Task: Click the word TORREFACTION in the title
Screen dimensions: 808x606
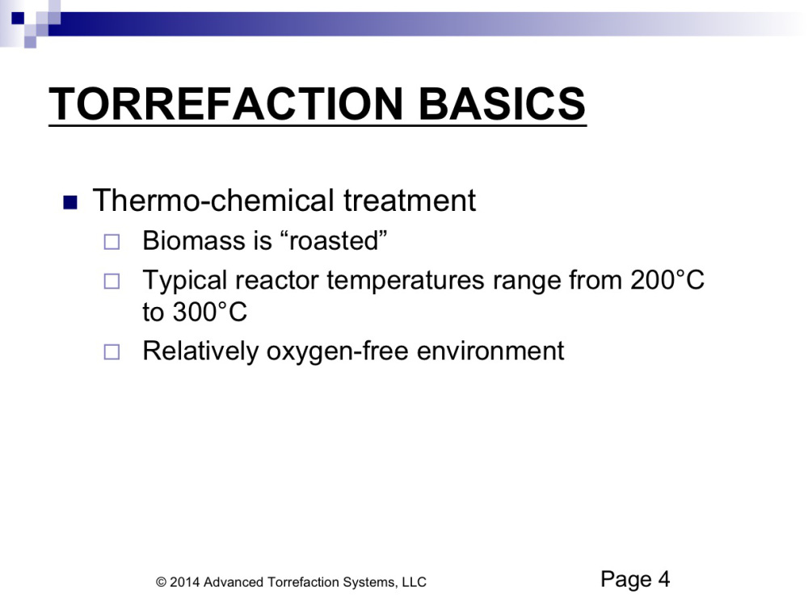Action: [225, 103]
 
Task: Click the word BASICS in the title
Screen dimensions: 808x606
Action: [502, 103]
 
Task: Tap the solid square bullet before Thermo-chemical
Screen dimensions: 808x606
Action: [70, 202]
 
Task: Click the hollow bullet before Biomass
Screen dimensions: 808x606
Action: [112, 242]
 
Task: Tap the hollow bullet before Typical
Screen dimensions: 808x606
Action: [112, 281]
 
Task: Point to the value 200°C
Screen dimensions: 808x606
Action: [667, 280]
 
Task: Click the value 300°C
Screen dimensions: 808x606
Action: [210, 312]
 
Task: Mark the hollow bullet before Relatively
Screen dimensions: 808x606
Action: [112, 352]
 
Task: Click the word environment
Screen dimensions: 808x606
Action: [490, 351]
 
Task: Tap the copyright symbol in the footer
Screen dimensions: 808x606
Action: [162, 583]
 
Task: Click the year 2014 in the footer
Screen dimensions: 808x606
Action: [185, 583]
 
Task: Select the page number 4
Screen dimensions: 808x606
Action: [663, 579]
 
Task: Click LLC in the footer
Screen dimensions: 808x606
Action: [415, 583]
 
